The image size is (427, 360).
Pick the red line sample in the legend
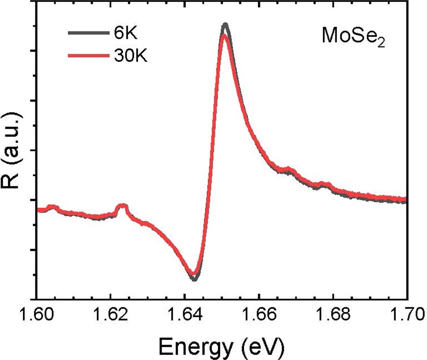pos(89,56)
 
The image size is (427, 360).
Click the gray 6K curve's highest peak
pos(225,25)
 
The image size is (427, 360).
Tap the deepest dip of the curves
pos(194,278)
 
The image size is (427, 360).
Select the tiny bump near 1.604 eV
pos(52,207)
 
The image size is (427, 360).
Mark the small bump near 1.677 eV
pos(324,184)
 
